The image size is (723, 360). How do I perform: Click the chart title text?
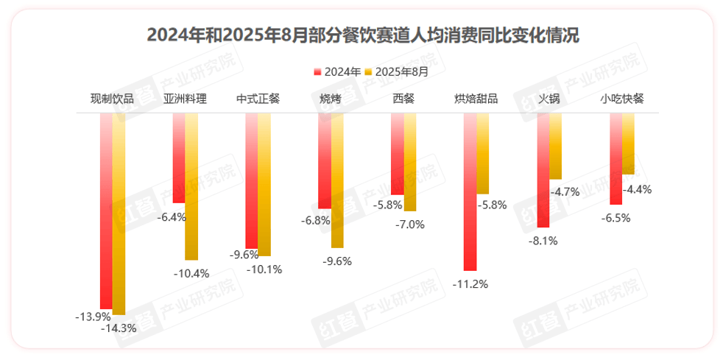pyautogui.click(x=362, y=35)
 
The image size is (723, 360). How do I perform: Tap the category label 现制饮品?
pyautogui.click(x=112, y=99)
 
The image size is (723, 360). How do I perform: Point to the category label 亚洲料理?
pyautogui.click(x=185, y=99)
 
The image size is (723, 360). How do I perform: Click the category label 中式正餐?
pyautogui.click(x=258, y=99)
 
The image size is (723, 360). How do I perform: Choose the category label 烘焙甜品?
pyautogui.click(x=476, y=99)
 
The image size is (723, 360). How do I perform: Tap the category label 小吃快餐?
pyautogui.click(x=622, y=99)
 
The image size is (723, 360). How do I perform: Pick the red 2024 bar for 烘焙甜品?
pyautogui.click(x=470, y=191)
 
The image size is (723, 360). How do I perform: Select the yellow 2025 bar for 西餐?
pyautogui.click(x=410, y=162)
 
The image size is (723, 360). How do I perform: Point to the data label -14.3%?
pyautogui.click(x=119, y=328)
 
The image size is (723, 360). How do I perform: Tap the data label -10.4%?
pyautogui.click(x=191, y=273)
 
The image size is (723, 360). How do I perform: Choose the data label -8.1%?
pyautogui.click(x=543, y=240)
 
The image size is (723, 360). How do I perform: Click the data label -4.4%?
pyautogui.click(x=637, y=189)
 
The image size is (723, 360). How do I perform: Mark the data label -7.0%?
pyautogui.click(x=410, y=225)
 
